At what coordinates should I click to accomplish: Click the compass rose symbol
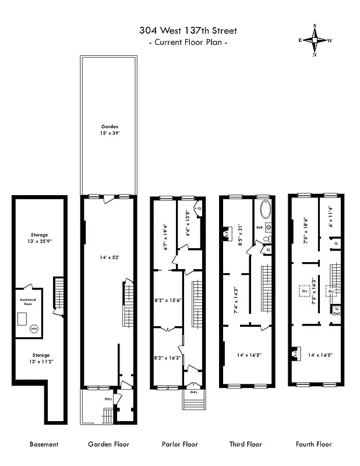click(x=315, y=41)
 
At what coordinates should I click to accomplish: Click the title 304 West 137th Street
click(x=188, y=31)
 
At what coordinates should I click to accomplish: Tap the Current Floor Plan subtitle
click(x=188, y=43)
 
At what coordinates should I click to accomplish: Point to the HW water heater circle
click(x=34, y=329)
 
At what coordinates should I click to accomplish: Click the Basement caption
click(x=44, y=444)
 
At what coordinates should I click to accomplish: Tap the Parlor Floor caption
click(x=179, y=444)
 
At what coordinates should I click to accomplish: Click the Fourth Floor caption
click(x=314, y=444)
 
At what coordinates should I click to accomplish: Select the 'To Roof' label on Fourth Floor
click(x=336, y=310)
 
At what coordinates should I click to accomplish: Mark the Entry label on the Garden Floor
click(x=108, y=398)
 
